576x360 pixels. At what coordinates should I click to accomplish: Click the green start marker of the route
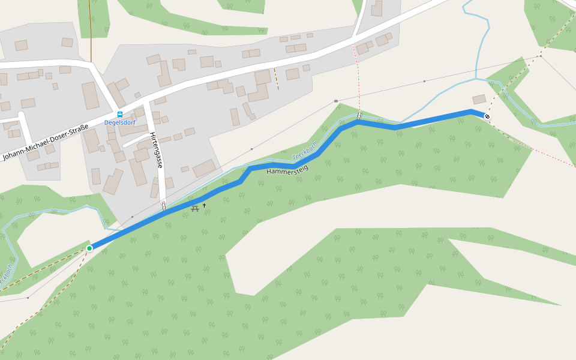[x=89, y=248]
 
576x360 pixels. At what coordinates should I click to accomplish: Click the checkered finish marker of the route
[x=487, y=116]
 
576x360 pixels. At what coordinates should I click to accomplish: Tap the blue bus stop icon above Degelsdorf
[x=120, y=114]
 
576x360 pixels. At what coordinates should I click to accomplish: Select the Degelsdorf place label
[x=120, y=122]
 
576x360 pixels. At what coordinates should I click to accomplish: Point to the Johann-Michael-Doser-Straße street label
[x=46, y=143]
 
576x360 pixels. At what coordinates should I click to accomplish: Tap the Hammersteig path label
[x=287, y=170]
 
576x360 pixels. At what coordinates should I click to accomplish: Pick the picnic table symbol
[x=195, y=208]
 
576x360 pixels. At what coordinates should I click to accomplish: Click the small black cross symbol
[x=204, y=206]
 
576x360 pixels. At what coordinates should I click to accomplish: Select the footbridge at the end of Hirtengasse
[x=163, y=206]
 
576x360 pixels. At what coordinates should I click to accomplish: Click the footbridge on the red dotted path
[x=359, y=115]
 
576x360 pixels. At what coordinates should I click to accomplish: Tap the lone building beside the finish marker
[x=479, y=99]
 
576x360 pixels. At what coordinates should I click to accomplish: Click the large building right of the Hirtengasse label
[x=204, y=168]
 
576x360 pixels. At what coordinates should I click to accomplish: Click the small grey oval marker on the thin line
[x=336, y=101]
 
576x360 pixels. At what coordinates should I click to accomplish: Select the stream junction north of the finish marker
[x=476, y=79]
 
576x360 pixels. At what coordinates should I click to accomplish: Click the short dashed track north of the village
[x=277, y=79]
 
